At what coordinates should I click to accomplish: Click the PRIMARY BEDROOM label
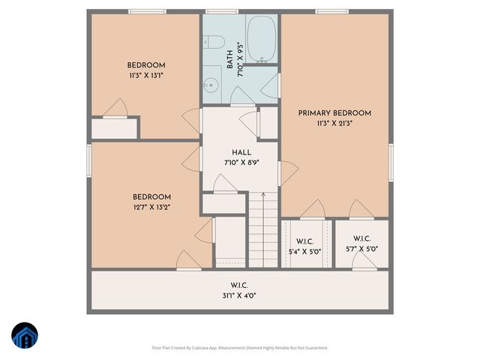(334, 113)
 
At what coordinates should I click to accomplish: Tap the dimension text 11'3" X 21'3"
(334, 123)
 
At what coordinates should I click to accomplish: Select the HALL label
(241, 152)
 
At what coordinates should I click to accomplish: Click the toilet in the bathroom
(212, 40)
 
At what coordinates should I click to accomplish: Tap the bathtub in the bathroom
(262, 39)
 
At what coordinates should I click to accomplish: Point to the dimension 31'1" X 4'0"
(239, 295)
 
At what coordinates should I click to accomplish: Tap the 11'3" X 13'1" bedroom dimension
(145, 75)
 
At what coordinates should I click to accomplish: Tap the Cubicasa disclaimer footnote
(239, 347)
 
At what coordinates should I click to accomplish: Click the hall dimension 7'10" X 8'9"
(241, 162)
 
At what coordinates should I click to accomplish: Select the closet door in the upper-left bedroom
(115, 109)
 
